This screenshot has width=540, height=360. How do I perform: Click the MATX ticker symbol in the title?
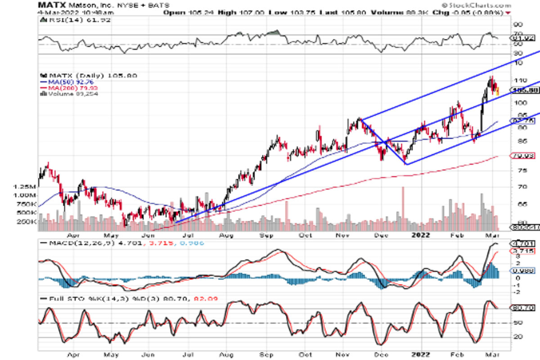tap(49, 5)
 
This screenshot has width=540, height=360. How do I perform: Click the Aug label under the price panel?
tap(228, 235)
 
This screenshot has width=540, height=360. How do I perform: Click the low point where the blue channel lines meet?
tap(406, 164)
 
